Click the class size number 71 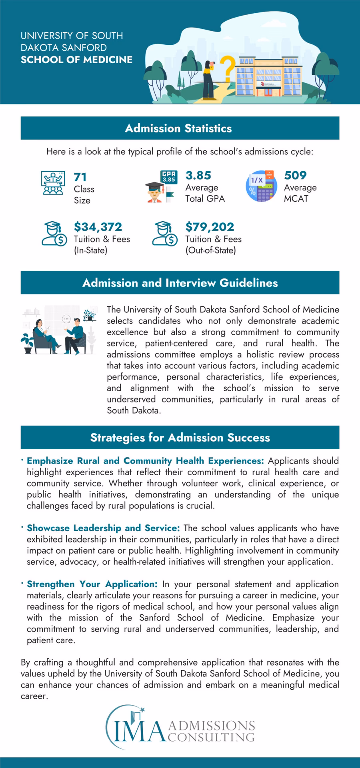coord(80,177)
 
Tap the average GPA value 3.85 coord(198,175)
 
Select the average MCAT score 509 coord(295,175)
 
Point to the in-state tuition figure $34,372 coord(98,227)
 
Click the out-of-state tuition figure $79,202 coord(210,227)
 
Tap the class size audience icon coord(53,183)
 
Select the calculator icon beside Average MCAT coord(261,186)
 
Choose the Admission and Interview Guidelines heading coord(180,283)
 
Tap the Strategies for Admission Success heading coord(180,437)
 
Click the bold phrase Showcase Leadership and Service coord(103,528)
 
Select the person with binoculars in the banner coord(209,80)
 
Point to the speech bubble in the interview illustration coord(66,319)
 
